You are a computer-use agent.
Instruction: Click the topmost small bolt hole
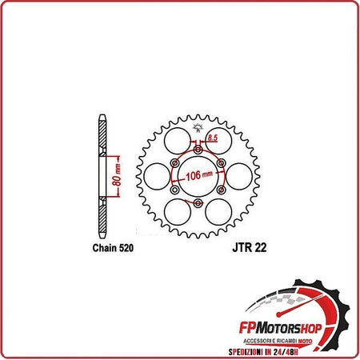197,148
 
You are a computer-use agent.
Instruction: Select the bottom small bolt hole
197,205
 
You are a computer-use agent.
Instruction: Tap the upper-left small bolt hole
174,162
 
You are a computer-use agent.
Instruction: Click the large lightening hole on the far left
154,177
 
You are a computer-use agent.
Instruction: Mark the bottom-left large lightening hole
175,213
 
